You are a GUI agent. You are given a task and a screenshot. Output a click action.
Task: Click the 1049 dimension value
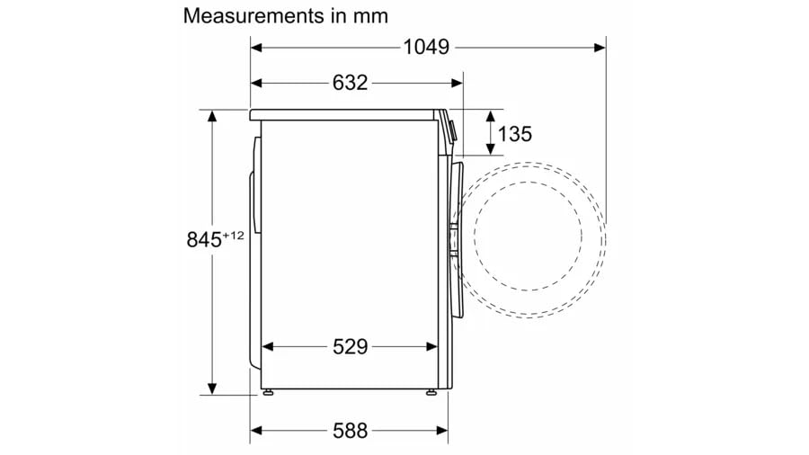pos(426,47)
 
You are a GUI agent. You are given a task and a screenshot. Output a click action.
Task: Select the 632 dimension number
pos(350,83)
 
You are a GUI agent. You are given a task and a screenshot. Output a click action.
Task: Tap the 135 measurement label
pos(514,134)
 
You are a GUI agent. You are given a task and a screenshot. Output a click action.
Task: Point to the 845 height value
pos(204,240)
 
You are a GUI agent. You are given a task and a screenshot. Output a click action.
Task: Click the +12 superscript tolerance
pos(233,236)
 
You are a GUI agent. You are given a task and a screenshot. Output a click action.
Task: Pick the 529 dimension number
pos(350,347)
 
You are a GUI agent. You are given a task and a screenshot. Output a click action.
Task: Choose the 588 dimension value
pos(350,430)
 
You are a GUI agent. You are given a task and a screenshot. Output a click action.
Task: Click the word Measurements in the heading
pos(253,16)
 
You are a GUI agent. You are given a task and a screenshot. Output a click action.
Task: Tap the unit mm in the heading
pos(370,16)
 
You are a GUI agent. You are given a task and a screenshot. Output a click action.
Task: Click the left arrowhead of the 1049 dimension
pos(256,48)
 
